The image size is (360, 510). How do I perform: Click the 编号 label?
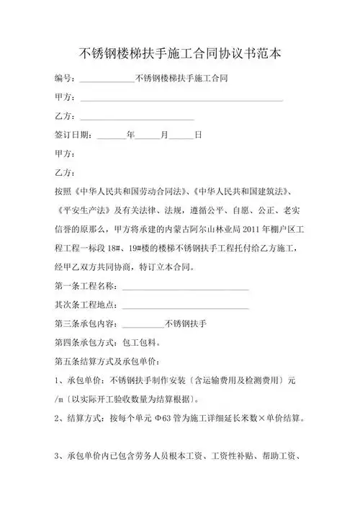(x=66, y=79)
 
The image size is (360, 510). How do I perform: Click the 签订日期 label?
(x=72, y=135)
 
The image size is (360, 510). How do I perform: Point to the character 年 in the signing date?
(x=130, y=135)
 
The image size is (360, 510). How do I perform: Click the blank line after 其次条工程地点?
(x=185, y=307)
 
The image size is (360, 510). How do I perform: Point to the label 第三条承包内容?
(x=87, y=323)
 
